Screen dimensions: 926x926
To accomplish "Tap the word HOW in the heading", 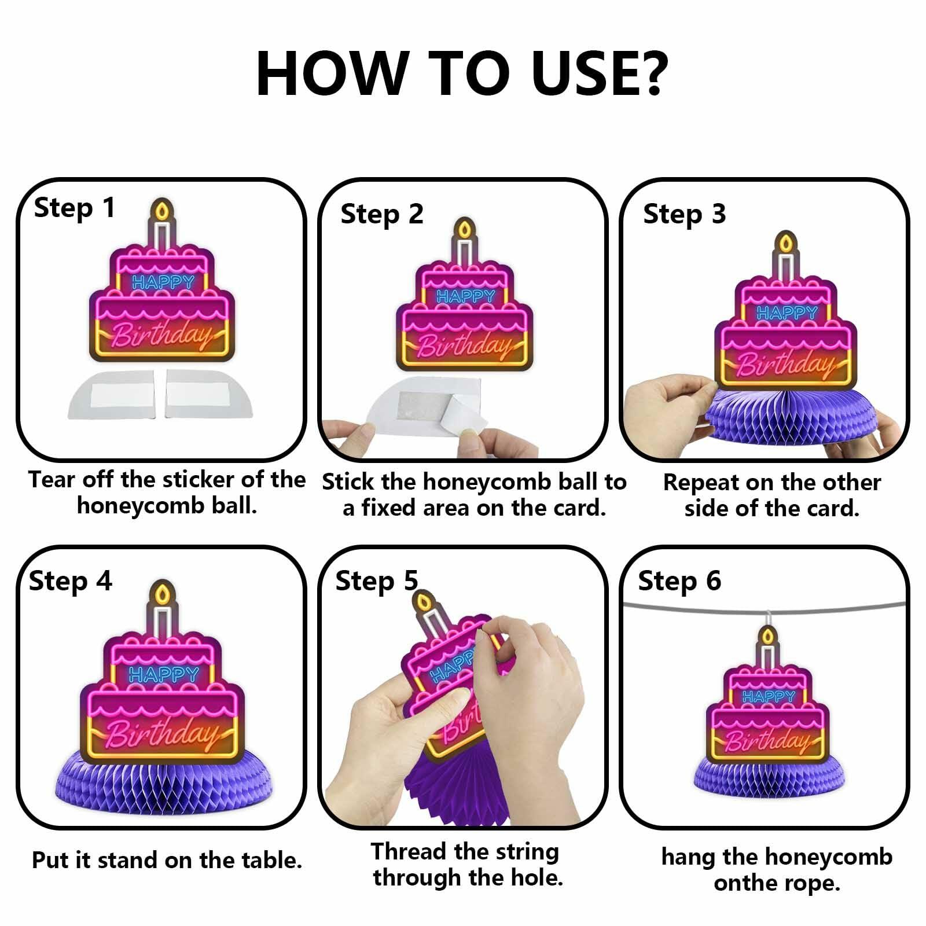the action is pos(332,74).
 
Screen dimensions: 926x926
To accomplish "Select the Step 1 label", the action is pos(75,208).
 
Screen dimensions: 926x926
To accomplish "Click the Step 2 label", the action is pos(381,214).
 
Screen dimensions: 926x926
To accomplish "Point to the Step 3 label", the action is pos(684,214).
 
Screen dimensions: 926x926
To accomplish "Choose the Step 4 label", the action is pos(70,580).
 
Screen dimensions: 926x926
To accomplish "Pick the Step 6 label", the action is pos(679,580).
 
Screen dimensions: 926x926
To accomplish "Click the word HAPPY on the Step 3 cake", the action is pos(787,313).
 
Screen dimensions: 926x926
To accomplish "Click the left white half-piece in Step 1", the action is pos(113,393).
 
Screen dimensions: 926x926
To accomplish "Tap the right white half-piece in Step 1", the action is pos(208,393).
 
